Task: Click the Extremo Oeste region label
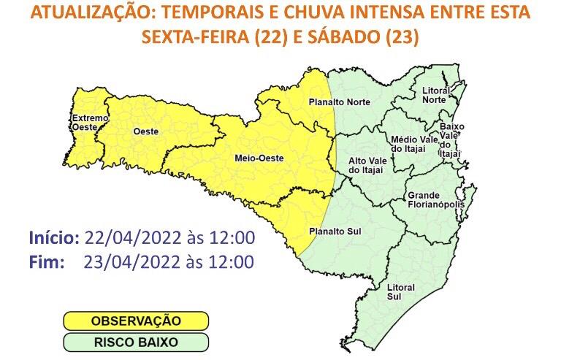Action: tap(89, 123)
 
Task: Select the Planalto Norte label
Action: tap(339, 102)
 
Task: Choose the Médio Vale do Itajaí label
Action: tap(414, 144)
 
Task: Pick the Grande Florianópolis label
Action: tap(435, 200)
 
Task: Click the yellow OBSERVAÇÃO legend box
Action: tap(136, 321)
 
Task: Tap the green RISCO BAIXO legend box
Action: tap(136, 342)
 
